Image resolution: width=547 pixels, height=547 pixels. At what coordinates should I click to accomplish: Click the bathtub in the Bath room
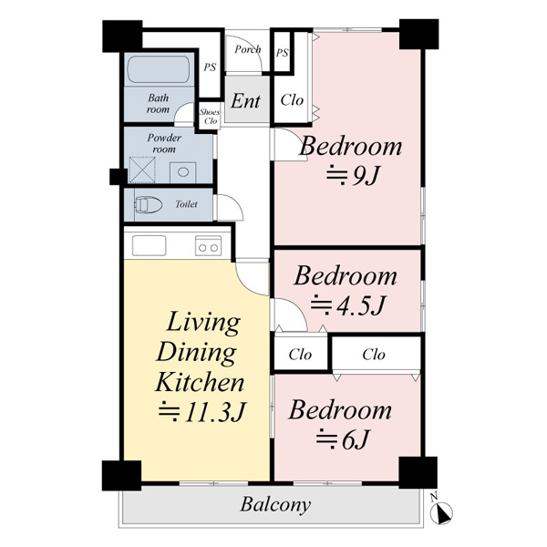[159, 70]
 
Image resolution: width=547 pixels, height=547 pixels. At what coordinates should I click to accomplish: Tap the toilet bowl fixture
[149, 205]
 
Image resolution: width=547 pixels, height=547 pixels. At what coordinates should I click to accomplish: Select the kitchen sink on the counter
[149, 245]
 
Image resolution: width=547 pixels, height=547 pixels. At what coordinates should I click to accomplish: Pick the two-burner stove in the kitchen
[208, 245]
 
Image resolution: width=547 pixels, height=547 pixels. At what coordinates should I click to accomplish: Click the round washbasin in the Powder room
[183, 172]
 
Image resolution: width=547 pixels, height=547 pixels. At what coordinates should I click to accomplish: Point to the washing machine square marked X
[142, 170]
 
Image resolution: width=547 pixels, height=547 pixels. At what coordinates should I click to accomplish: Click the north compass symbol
[440, 511]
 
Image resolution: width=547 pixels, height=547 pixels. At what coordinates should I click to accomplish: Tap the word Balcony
[275, 505]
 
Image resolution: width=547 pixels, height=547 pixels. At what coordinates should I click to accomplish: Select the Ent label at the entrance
[245, 101]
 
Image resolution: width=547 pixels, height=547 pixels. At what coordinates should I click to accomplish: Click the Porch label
[248, 49]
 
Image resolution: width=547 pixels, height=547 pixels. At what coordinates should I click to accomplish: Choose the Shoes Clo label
[210, 117]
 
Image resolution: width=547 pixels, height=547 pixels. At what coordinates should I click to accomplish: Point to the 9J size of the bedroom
[352, 176]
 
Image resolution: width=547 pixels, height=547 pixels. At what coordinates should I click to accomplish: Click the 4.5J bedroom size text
[348, 305]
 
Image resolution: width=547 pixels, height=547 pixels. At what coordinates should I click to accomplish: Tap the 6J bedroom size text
[343, 439]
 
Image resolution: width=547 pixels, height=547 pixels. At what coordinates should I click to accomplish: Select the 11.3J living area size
[202, 412]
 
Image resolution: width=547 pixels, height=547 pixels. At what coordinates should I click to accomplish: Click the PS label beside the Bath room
[210, 67]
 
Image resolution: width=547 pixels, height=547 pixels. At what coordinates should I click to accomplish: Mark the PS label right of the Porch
[283, 53]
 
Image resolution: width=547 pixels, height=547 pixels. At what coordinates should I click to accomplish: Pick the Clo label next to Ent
[292, 100]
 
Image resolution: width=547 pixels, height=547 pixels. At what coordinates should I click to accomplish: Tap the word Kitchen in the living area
[200, 383]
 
